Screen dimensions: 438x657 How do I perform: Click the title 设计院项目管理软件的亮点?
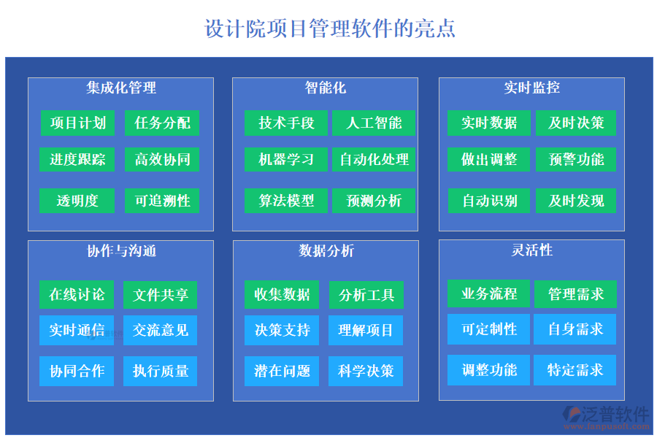click(x=330, y=28)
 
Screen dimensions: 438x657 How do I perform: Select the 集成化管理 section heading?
click(x=121, y=88)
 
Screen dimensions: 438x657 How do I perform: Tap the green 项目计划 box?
click(x=78, y=123)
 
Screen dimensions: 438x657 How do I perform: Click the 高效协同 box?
click(x=162, y=159)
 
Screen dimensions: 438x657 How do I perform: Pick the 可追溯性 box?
click(x=162, y=200)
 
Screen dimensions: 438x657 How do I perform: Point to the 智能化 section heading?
click(x=326, y=88)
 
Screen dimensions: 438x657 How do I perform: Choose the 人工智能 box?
click(x=374, y=123)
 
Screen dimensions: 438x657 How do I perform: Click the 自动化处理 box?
click(x=374, y=159)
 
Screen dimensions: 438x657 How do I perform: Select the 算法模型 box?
click(x=286, y=200)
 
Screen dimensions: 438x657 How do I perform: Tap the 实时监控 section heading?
click(x=531, y=88)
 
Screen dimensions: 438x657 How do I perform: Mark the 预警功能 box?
click(x=576, y=159)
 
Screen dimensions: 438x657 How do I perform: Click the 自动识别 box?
click(x=489, y=200)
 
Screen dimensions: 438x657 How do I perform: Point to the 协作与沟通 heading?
click(x=121, y=251)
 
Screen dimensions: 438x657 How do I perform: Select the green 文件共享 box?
click(x=161, y=295)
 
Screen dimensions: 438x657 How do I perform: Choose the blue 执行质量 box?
click(x=161, y=371)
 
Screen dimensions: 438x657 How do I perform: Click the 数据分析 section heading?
click(x=326, y=251)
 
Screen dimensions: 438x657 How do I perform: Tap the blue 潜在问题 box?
click(x=282, y=371)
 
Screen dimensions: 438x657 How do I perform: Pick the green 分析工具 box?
click(x=366, y=295)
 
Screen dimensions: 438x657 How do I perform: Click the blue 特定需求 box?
click(x=575, y=370)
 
